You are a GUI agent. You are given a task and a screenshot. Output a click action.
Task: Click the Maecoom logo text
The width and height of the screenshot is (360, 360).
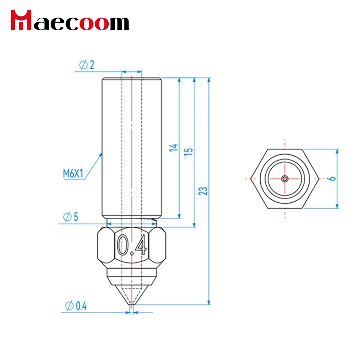click(x=70, y=20)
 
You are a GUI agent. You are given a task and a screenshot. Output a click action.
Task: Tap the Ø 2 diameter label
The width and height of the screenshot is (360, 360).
click(x=87, y=65)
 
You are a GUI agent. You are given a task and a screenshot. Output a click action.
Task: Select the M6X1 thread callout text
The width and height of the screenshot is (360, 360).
click(x=73, y=174)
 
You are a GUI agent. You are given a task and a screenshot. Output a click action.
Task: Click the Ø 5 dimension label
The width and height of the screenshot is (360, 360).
click(x=71, y=217)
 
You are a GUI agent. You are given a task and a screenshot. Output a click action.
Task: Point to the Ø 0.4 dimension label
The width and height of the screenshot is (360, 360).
click(x=76, y=306)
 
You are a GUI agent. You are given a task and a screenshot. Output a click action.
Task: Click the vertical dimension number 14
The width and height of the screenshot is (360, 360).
click(x=174, y=148)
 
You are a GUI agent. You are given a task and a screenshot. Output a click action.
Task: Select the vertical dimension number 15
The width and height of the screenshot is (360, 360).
click(x=188, y=152)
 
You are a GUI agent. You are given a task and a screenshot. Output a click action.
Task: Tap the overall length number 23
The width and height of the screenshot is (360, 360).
click(x=203, y=191)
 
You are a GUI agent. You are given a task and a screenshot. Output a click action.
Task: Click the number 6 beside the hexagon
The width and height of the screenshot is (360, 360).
click(x=332, y=179)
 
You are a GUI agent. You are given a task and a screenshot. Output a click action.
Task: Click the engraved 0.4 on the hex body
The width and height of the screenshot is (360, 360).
click(x=132, y=245)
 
